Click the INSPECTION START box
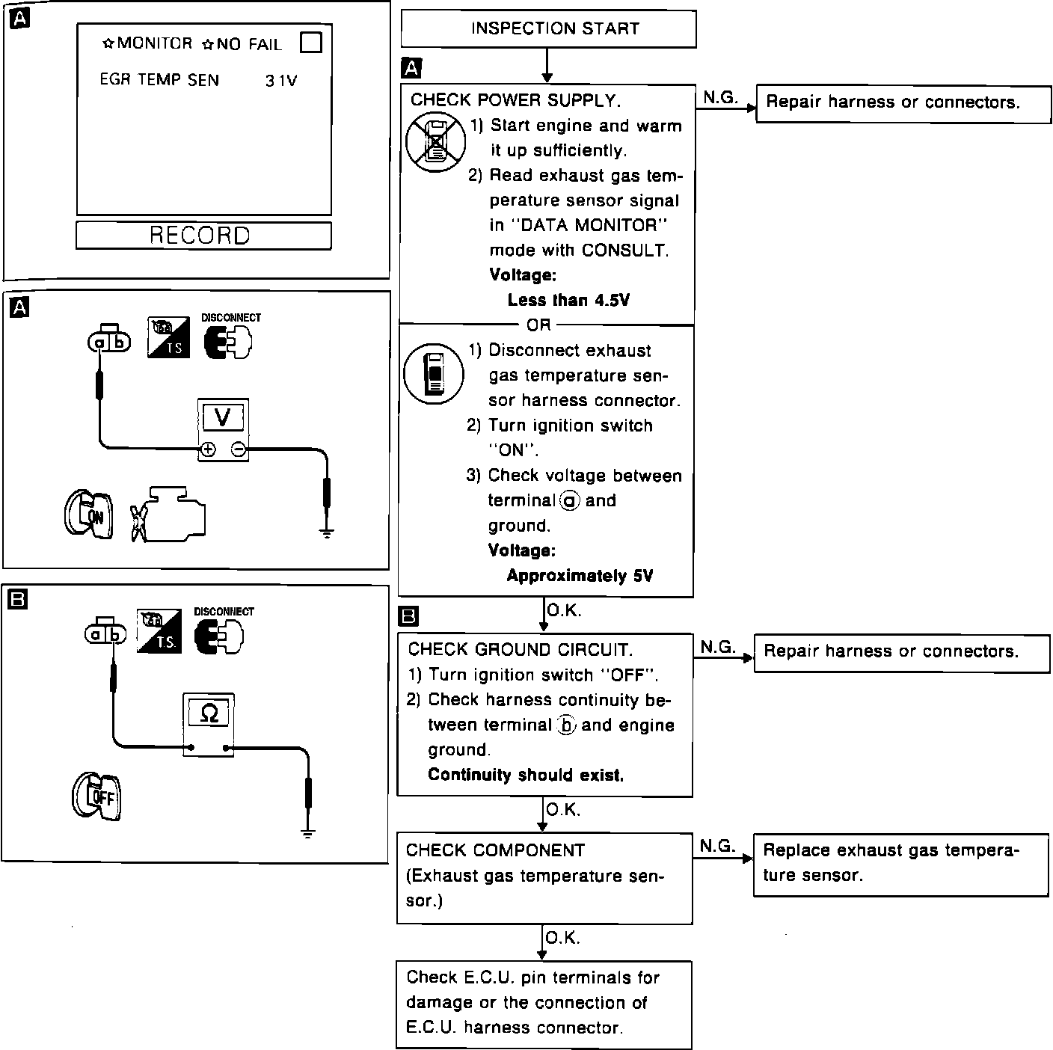548,29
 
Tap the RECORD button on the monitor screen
203,236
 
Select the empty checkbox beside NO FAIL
310,43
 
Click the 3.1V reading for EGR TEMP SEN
281,81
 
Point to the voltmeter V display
222,417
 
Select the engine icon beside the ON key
168,515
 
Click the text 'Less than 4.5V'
568,301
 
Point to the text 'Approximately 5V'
580,576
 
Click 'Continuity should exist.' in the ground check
526,775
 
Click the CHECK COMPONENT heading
495,850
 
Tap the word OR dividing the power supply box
538,325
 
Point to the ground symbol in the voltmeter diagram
326,532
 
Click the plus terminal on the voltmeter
207,449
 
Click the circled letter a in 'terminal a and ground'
568,501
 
